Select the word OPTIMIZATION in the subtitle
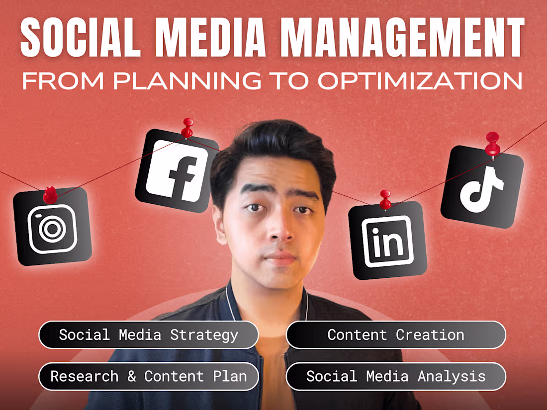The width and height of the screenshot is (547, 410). pos(420,81)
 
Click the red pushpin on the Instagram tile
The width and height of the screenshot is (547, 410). pos(50,195)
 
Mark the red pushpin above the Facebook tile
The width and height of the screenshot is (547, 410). pos(187,127)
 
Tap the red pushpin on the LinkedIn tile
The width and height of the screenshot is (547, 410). pos(385,199)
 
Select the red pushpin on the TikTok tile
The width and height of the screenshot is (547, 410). pos(492,143)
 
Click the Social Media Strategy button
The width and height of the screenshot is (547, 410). pos(148,335)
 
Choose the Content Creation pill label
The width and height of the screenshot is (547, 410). pos(396,335)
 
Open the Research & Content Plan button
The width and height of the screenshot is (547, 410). pos(148,376)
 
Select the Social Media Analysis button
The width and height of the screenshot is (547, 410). pos(396,376)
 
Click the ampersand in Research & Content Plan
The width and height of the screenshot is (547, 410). pos(131,376)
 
